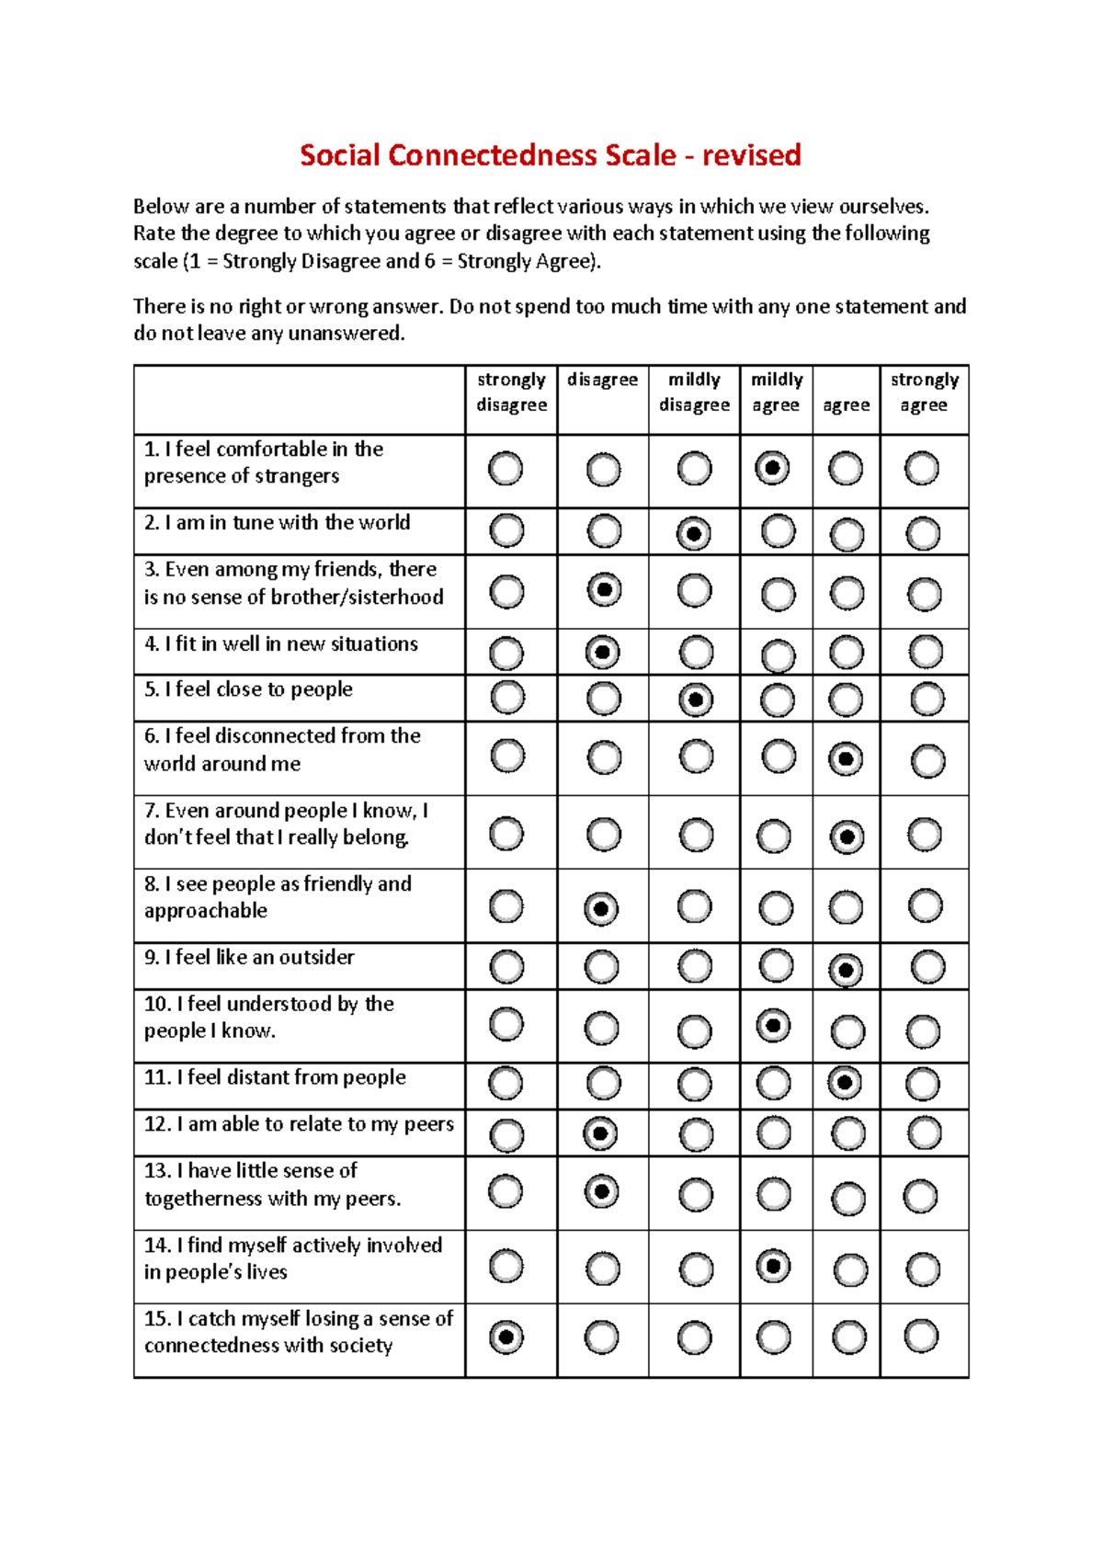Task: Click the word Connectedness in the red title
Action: pyautogui.click(x=494, y=155)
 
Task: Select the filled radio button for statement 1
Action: pyautogui.click(x=772, y=468)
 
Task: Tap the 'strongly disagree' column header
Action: pyautogui.click(x=511, y=393)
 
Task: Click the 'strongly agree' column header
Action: pyautogui.click(x=924, y=393)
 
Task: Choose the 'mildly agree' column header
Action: pyautogui.click(x=777, y=393)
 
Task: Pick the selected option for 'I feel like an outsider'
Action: pyautogui.click(x=846, y=970)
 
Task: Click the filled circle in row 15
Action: pyautogui.click(x=506, y=1337)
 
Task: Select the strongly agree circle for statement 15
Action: pyautogui.click(x=922, y=1336)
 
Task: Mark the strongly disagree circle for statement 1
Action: pyautogui.click(x=506, y=469)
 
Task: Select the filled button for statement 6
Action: pyautogui.click(x=846, y=759)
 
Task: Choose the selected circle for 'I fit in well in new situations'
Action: pyautogui.click(x=603, y=653)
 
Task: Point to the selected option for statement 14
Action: pyautogui.click(x=773, y=1267)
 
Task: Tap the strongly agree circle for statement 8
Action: pyautogui.click(x=925, y=906)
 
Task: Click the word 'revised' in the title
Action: pyautogui.click(x=751, y=155)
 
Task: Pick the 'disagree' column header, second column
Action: pyautogui.click(x=602, y=380)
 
